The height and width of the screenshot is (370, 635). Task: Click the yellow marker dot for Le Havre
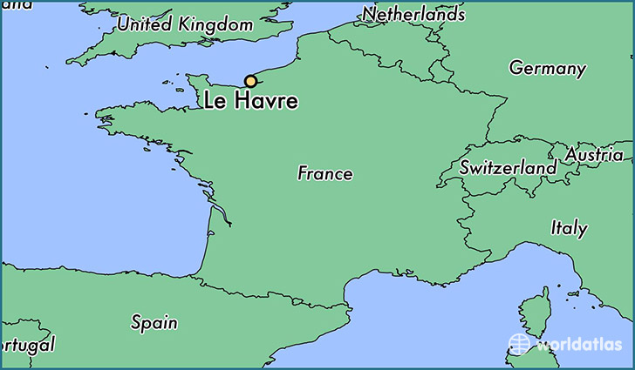[251, 81]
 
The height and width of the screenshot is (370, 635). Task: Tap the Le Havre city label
[249, 102]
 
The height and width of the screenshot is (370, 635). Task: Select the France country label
[324, 173]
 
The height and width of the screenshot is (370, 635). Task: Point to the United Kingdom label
[185, 25]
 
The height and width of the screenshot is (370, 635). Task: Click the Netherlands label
[413, 14]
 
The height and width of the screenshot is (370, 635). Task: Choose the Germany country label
[547, 68]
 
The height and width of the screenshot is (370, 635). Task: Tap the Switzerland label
[509, 166]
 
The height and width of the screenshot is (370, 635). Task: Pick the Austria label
[594, 154]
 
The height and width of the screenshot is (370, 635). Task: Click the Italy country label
[569, 228]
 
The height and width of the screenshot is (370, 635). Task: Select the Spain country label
[154, 322]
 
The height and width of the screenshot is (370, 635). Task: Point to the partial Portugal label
[28, 345]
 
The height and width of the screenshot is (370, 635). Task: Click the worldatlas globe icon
[520, 343]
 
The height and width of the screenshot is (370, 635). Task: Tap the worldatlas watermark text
[579, 344]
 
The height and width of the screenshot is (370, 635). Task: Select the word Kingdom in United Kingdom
[215, 25]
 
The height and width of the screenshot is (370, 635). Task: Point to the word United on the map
[145, 24]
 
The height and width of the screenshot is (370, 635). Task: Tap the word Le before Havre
[214, 102]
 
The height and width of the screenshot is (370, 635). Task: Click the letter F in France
[303, 173]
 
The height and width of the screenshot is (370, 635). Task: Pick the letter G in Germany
[516, 68]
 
